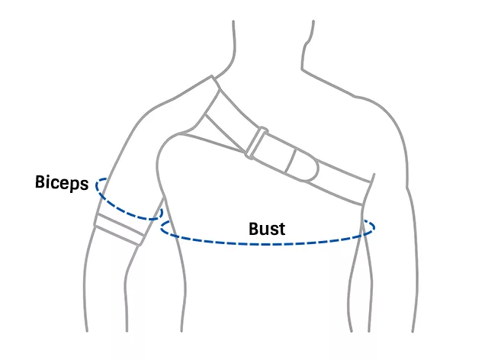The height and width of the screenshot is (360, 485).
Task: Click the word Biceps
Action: coord(62,183)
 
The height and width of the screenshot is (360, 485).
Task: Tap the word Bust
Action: coord(267,228)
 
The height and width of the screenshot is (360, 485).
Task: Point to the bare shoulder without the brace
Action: coord(374,114)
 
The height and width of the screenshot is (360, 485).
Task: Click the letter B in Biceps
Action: coord(40,182)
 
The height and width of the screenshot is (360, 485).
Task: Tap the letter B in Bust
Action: coord(254,228)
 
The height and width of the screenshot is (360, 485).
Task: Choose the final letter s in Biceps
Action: coord(85,184)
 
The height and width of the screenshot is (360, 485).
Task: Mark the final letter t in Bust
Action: coord(281,228)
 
